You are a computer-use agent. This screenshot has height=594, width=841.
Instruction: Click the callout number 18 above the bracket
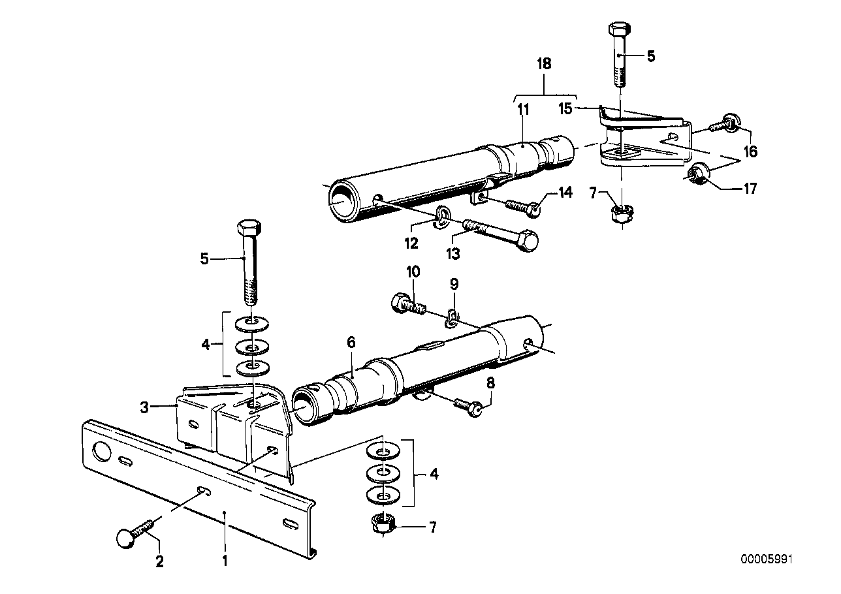(x=544, y=64)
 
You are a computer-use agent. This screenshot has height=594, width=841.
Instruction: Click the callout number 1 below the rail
(x=225, y=559)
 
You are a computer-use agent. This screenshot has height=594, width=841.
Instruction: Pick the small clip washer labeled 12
(x=443, y=214)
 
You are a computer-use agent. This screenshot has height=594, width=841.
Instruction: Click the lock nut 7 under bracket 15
(x=622, y=213)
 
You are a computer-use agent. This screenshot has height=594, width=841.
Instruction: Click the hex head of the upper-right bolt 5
(x=619, y=29)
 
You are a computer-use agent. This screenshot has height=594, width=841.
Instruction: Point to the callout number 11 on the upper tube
(x=522, y=110)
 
